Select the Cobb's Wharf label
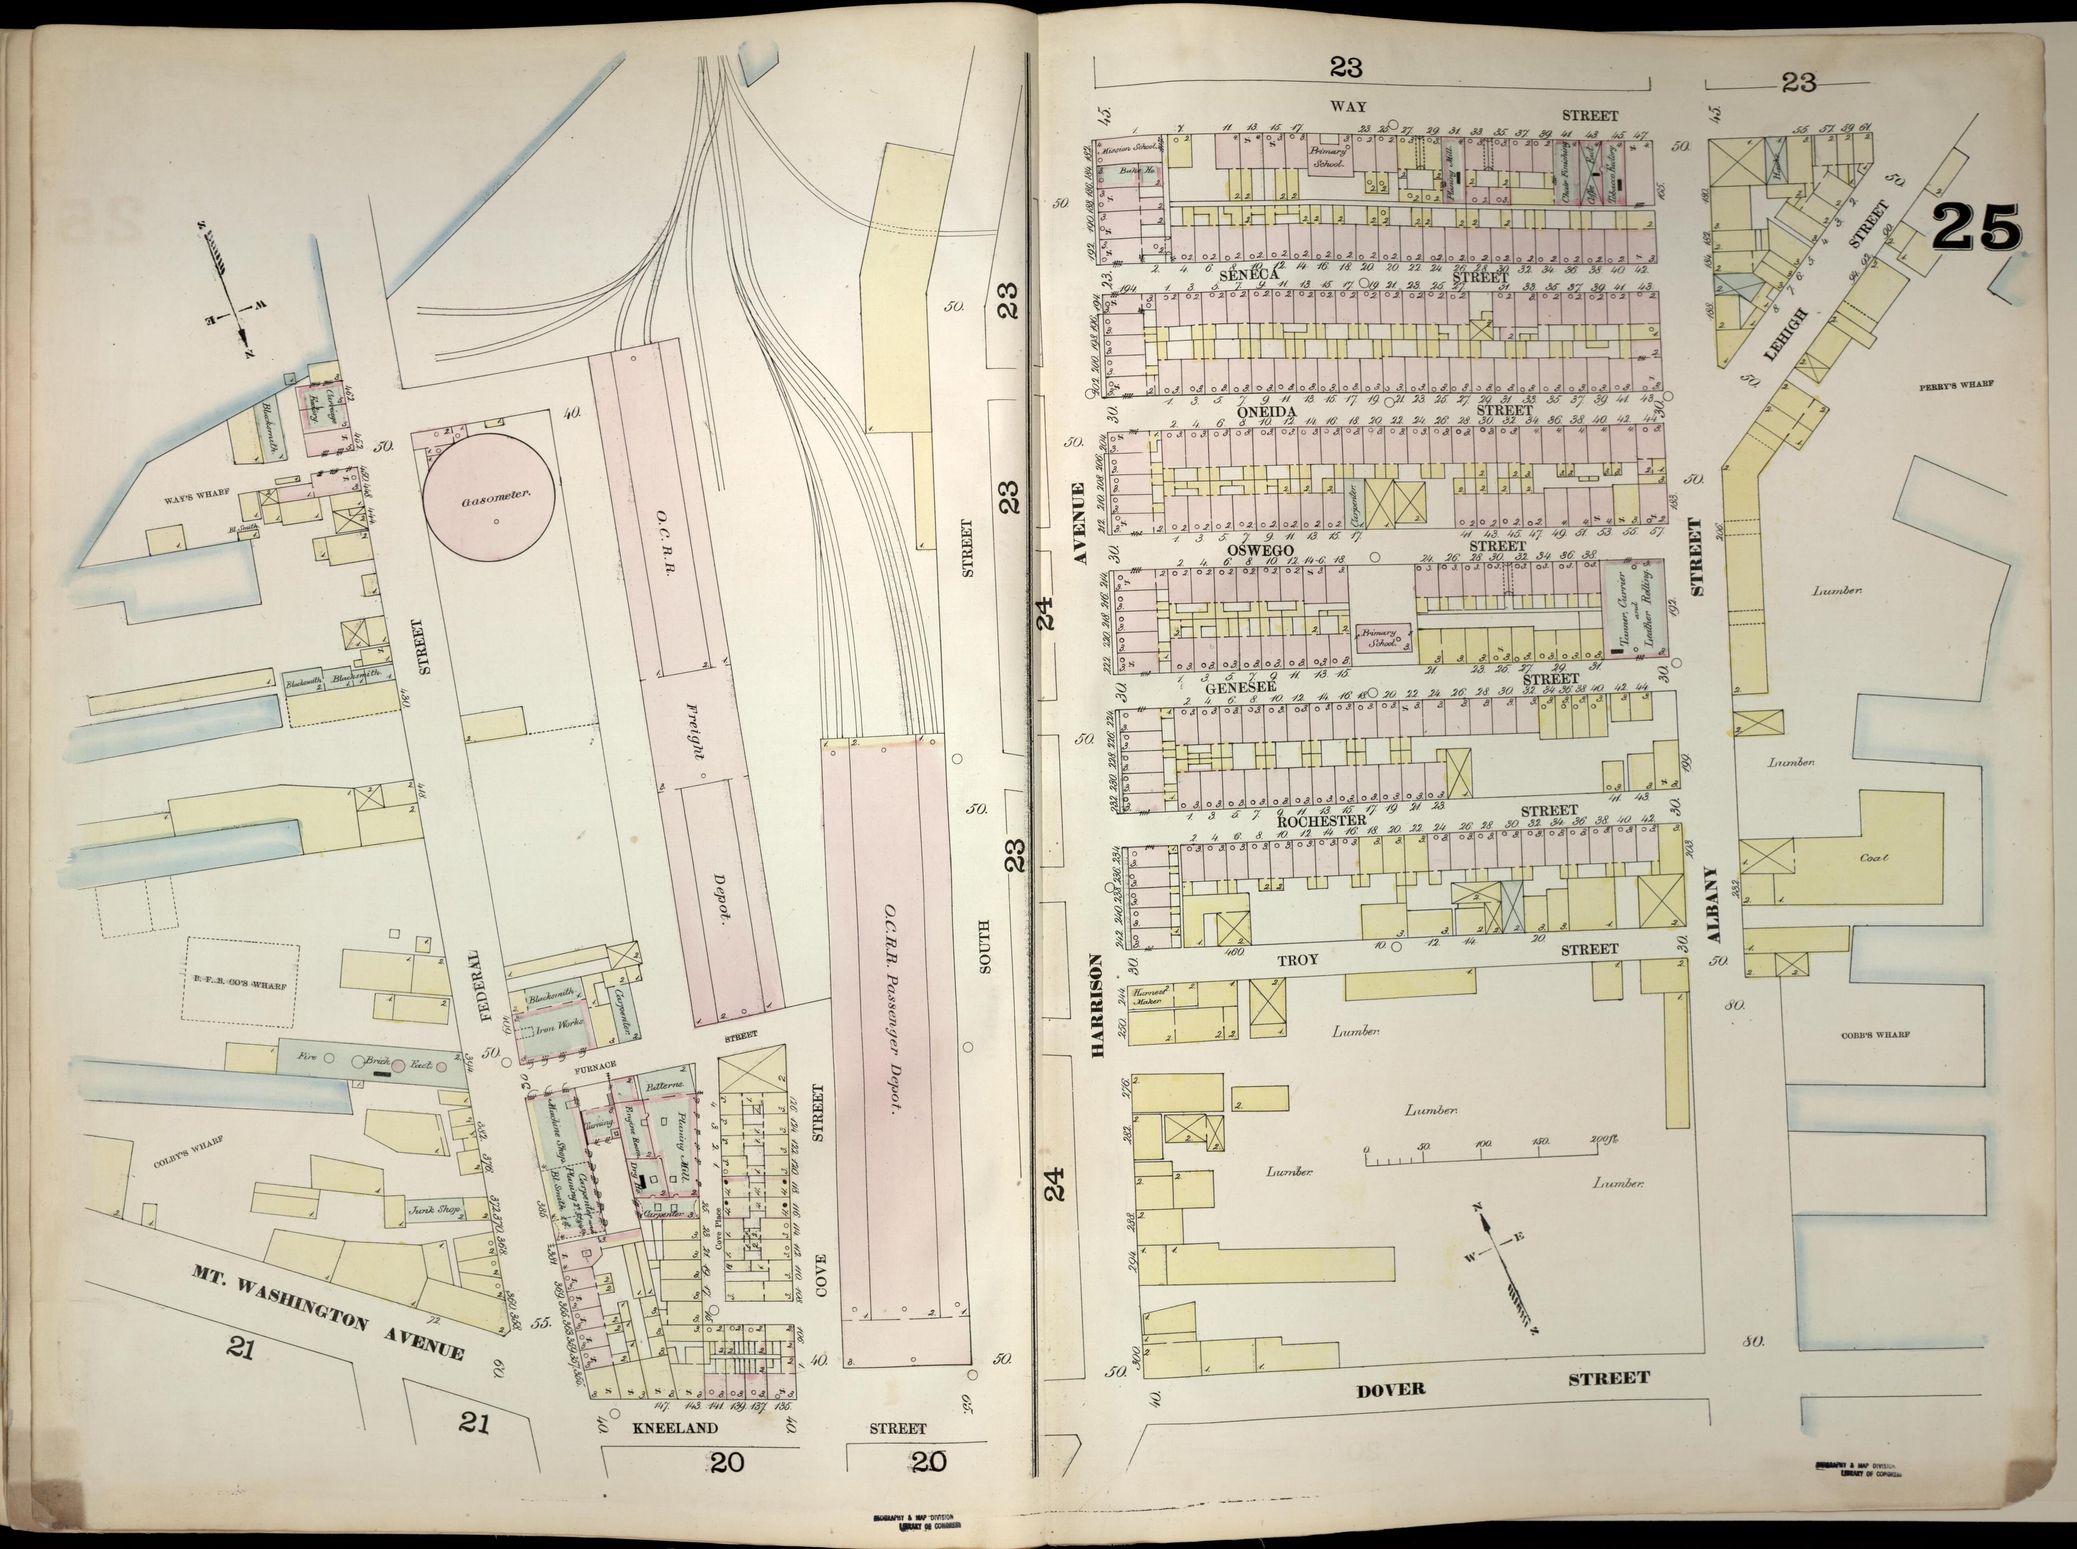(x=1877, y=1035)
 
